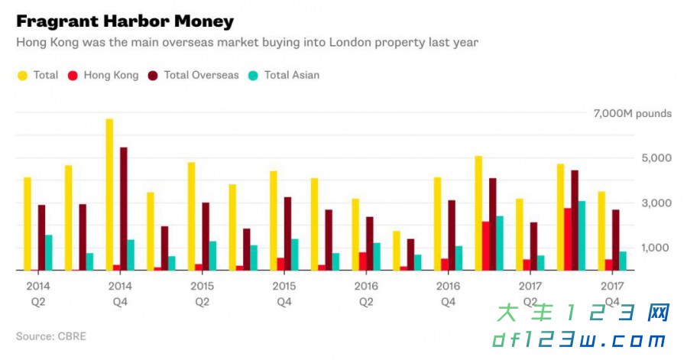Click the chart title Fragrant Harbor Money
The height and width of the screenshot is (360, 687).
coord(125,21)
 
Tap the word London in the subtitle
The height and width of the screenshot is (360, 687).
coord(349,42)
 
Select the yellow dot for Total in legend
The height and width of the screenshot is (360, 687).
coord(22,75)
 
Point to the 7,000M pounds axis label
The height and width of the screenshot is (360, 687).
coord(632,114)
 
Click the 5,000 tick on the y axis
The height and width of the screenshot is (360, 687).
coord(655,158)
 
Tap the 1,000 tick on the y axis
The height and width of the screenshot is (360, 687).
coord(655,248)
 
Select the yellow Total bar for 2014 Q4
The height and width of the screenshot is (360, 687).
coord(109,194)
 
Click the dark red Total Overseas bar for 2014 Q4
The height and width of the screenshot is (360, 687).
coord(124,209)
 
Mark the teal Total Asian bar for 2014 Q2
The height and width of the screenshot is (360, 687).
coord(49,252)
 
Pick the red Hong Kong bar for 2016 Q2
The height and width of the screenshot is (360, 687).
coord(362,261)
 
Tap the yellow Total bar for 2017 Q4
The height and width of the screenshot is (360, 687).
coord(601,231)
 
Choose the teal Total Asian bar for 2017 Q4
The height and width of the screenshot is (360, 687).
coord(623,261)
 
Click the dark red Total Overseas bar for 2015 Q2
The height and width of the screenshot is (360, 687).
coord(206,236)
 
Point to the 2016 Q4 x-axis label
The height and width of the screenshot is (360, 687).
coord(448,294)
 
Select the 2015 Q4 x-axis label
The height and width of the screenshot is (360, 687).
coord(284,294)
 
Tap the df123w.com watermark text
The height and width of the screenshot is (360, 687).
coord(579,340)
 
